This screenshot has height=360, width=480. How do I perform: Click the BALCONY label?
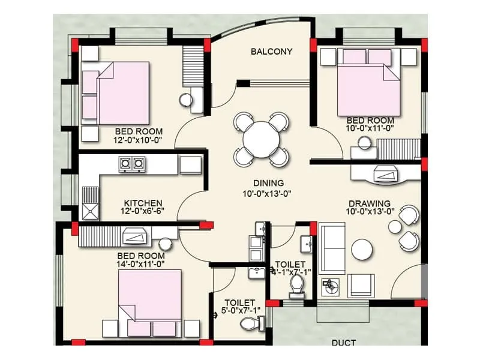tap(271, 52)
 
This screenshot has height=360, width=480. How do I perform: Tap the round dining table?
tap(262, 139)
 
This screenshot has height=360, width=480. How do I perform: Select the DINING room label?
tap(268, 183)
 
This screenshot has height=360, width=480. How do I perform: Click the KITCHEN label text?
tap(143, 203)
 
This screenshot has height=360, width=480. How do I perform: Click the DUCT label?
tap(343, 343)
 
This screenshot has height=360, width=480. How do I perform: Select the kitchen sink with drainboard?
tap(91, 204)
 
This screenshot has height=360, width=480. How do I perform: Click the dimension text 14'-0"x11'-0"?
tap(141, 263)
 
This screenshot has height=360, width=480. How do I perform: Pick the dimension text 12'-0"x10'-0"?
tap(138, 140)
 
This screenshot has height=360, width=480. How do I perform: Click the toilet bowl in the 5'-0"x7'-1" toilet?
tap(249, 324)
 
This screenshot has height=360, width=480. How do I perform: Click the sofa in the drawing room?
tap(331, 247)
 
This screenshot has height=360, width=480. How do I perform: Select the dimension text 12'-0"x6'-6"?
tap(143, 211)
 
